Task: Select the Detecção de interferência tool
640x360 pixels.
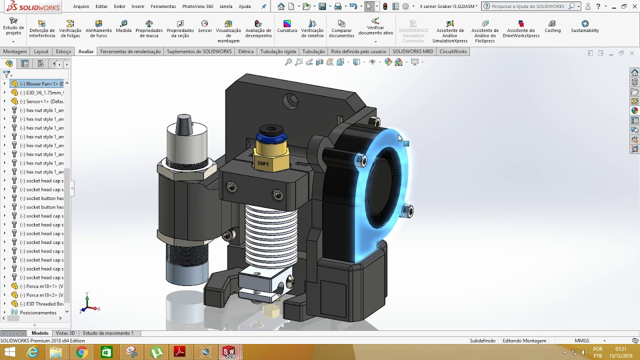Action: pos(42,29)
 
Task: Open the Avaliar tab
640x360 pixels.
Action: pos(85,51)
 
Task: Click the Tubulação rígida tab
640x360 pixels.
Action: pos(278,51)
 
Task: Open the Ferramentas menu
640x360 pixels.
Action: pos(163,6)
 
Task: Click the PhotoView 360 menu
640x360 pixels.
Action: pos(197,6)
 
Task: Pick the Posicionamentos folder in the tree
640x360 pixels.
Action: pos(38,312)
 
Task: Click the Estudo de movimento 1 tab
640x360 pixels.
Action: pos(108,333)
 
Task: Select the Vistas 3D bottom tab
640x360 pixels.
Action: pos(65,333)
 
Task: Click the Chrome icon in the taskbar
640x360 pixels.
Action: pos(81,352)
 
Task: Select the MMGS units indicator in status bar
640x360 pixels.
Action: pos(582,340)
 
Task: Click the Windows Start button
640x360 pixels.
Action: pos(9,352)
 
